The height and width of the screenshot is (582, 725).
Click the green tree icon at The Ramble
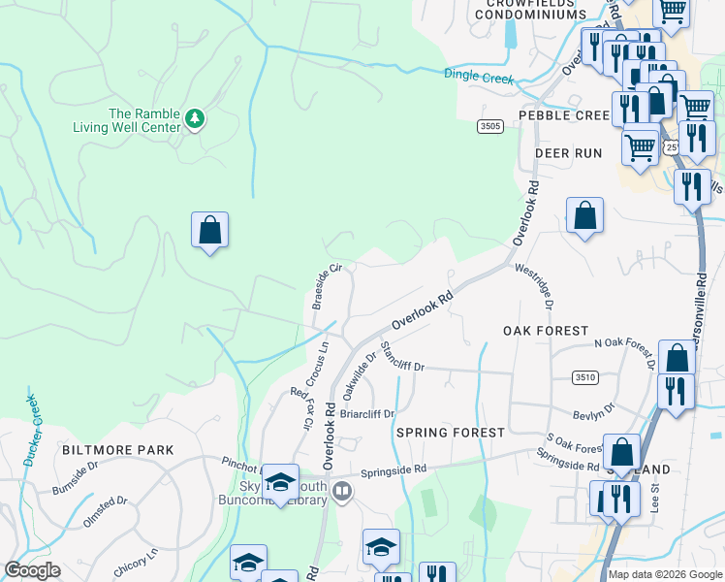[x=195, y=118]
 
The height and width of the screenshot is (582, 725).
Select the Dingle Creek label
[x=478, y=77]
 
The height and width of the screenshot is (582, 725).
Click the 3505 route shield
[x=489, y=126]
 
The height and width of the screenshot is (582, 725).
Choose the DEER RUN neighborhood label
[x=568, y=153]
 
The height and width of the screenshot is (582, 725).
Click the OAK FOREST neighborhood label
[x=546, y=331]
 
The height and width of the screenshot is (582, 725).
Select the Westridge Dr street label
[x=534, y=286]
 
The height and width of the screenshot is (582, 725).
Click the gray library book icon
[x=341, y=493]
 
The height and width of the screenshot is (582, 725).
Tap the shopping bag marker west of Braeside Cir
[x=209, y=231]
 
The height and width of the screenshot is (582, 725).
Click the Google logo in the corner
[x=32, y=570]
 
